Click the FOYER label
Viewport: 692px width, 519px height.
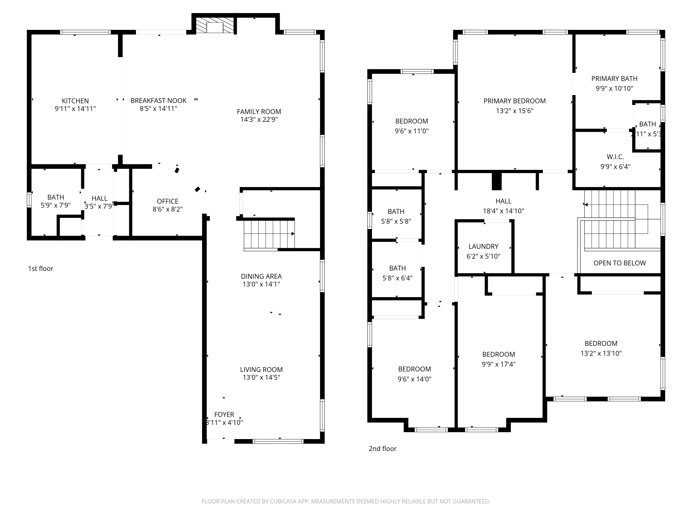coord(224,415)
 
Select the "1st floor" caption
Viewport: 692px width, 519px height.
coord(41,268)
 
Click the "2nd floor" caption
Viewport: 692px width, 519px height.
coord(382,449)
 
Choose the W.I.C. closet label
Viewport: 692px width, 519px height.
coord(615,157)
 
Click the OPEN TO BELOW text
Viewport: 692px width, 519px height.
coord(619,263)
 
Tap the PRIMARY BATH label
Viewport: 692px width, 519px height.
coord(614,79)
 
